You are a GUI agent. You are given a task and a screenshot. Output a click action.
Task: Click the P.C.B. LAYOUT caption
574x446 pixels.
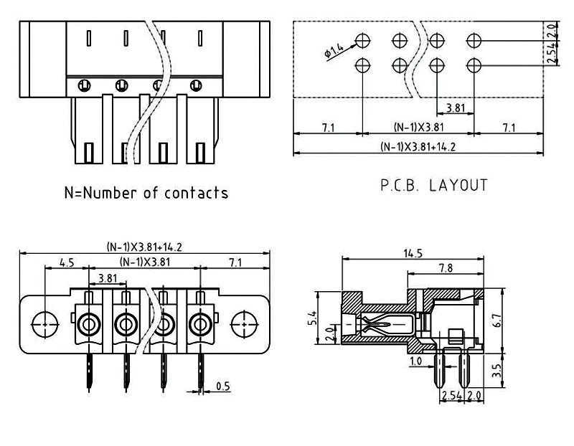[434, 185]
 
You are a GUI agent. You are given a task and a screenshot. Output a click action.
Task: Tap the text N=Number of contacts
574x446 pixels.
[146, 192]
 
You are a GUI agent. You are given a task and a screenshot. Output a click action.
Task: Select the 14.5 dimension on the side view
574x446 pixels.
[412, 252]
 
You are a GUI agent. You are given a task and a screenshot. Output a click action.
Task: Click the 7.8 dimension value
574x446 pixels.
[445, 267]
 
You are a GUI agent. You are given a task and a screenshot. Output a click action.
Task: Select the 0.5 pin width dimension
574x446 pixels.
[222, 387]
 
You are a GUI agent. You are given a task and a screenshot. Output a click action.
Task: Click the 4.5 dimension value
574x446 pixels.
[67, 262]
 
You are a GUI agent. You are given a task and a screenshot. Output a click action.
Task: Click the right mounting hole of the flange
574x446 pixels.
[243, 323]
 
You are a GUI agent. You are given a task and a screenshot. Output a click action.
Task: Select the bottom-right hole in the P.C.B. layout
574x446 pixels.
[473, 65]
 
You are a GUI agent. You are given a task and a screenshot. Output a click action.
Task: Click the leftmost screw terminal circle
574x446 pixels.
[89, 325]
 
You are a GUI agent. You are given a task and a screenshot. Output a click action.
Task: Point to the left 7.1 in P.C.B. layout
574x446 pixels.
[328, 128]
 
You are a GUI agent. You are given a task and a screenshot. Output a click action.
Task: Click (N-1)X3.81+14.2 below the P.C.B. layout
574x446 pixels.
[418, 147]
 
